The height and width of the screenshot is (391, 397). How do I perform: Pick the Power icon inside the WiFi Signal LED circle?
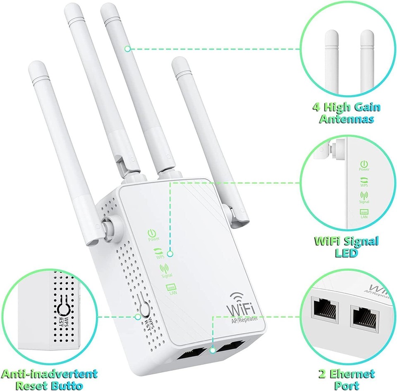(364, 164)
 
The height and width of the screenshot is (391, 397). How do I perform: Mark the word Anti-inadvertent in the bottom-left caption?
(50, 375)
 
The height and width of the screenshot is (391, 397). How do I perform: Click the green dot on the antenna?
(127, 49)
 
